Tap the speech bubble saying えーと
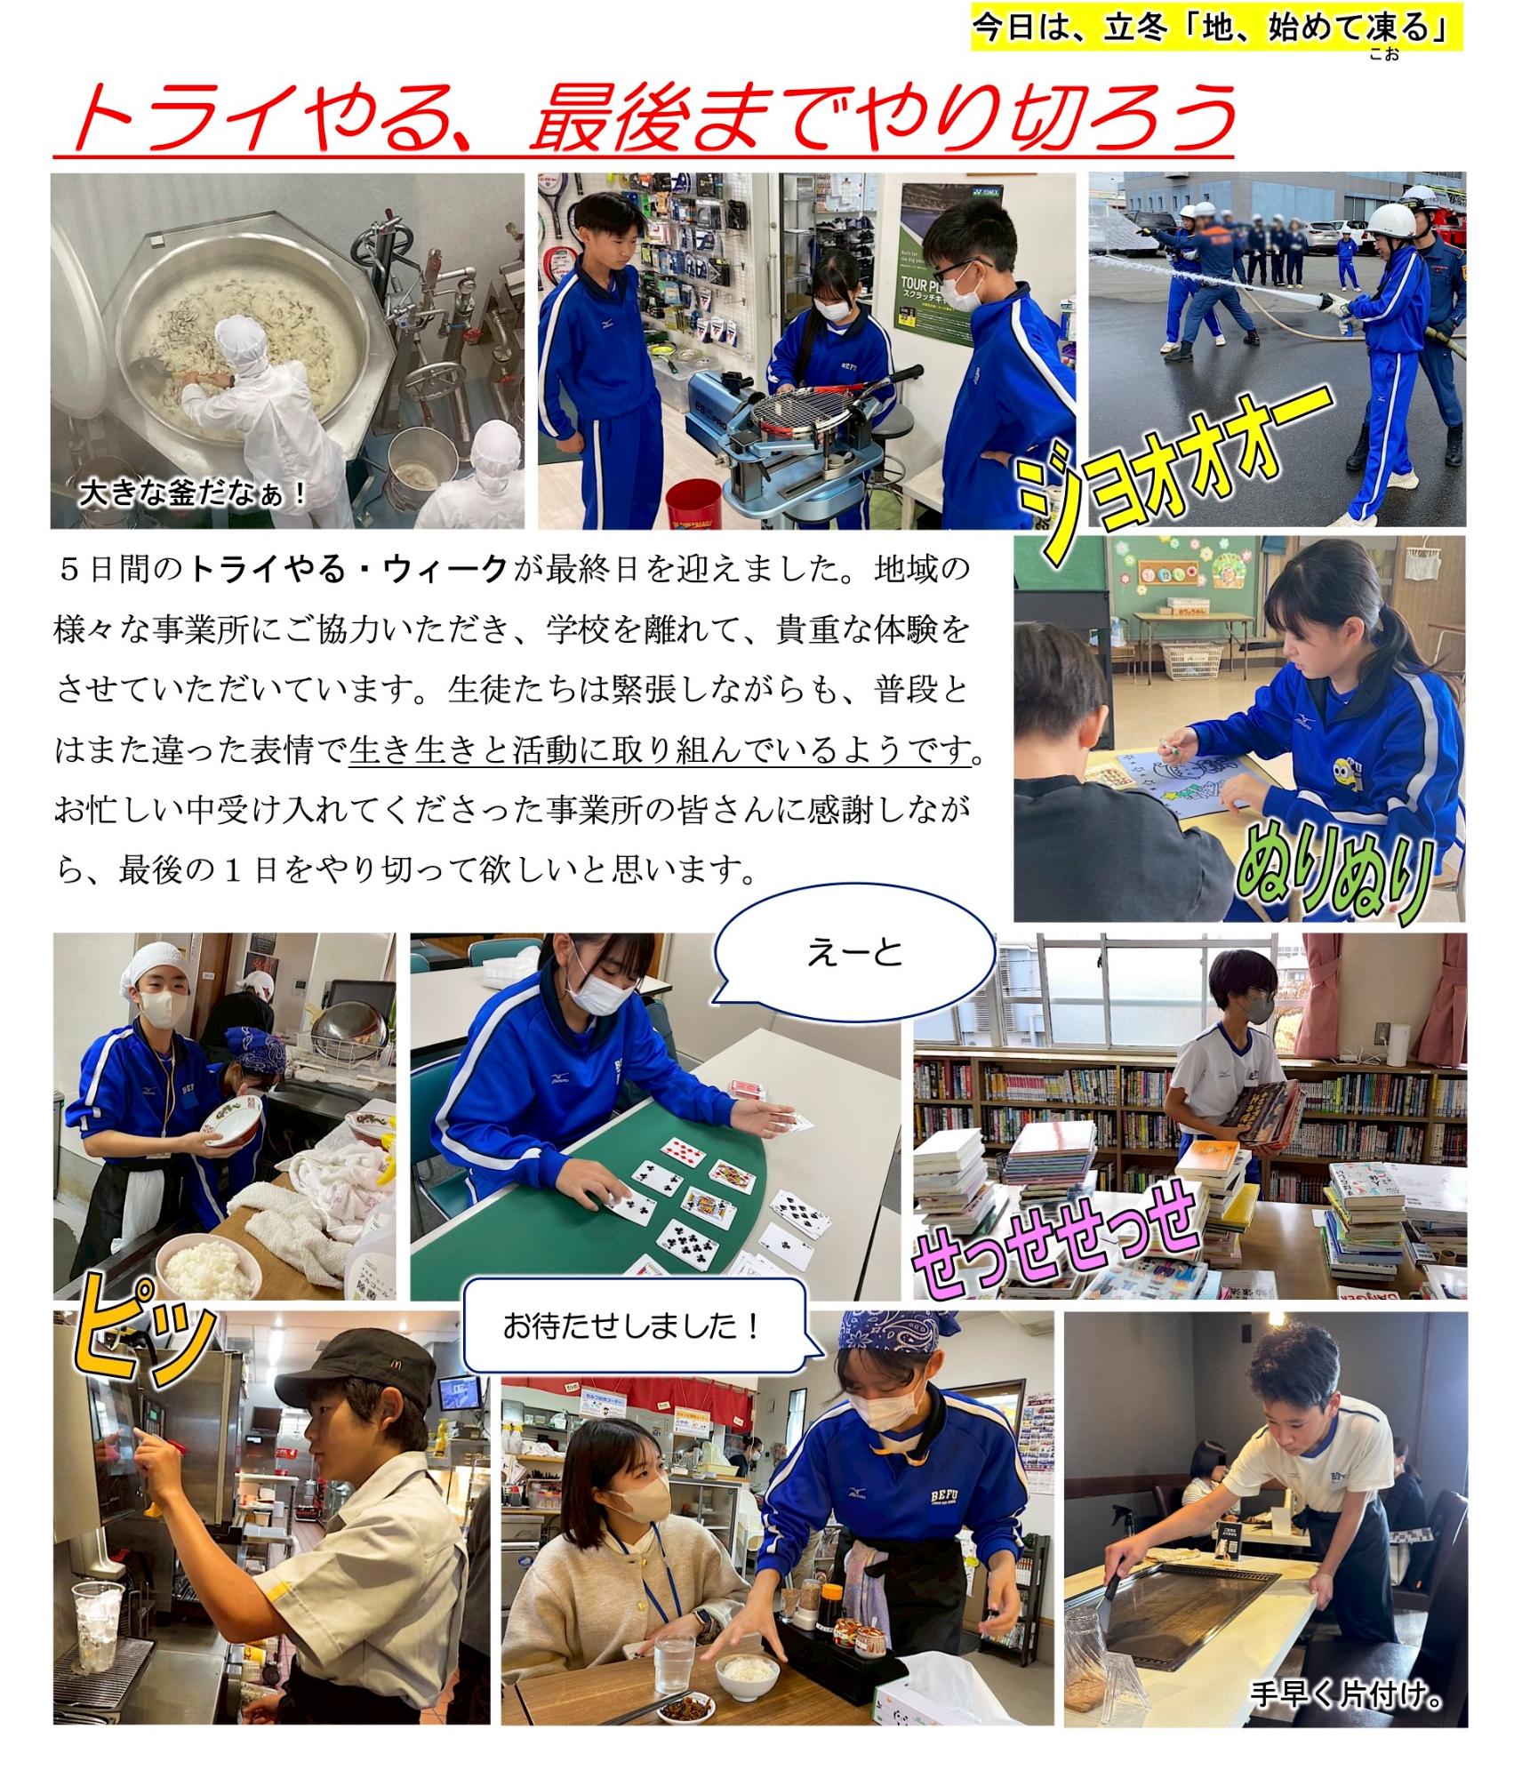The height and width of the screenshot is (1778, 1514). (853, 954)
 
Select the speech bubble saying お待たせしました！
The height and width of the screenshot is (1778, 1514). (633, 1326)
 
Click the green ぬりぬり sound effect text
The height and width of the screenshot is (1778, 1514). (1334, 876)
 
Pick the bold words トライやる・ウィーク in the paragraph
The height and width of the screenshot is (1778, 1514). (348, 569)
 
